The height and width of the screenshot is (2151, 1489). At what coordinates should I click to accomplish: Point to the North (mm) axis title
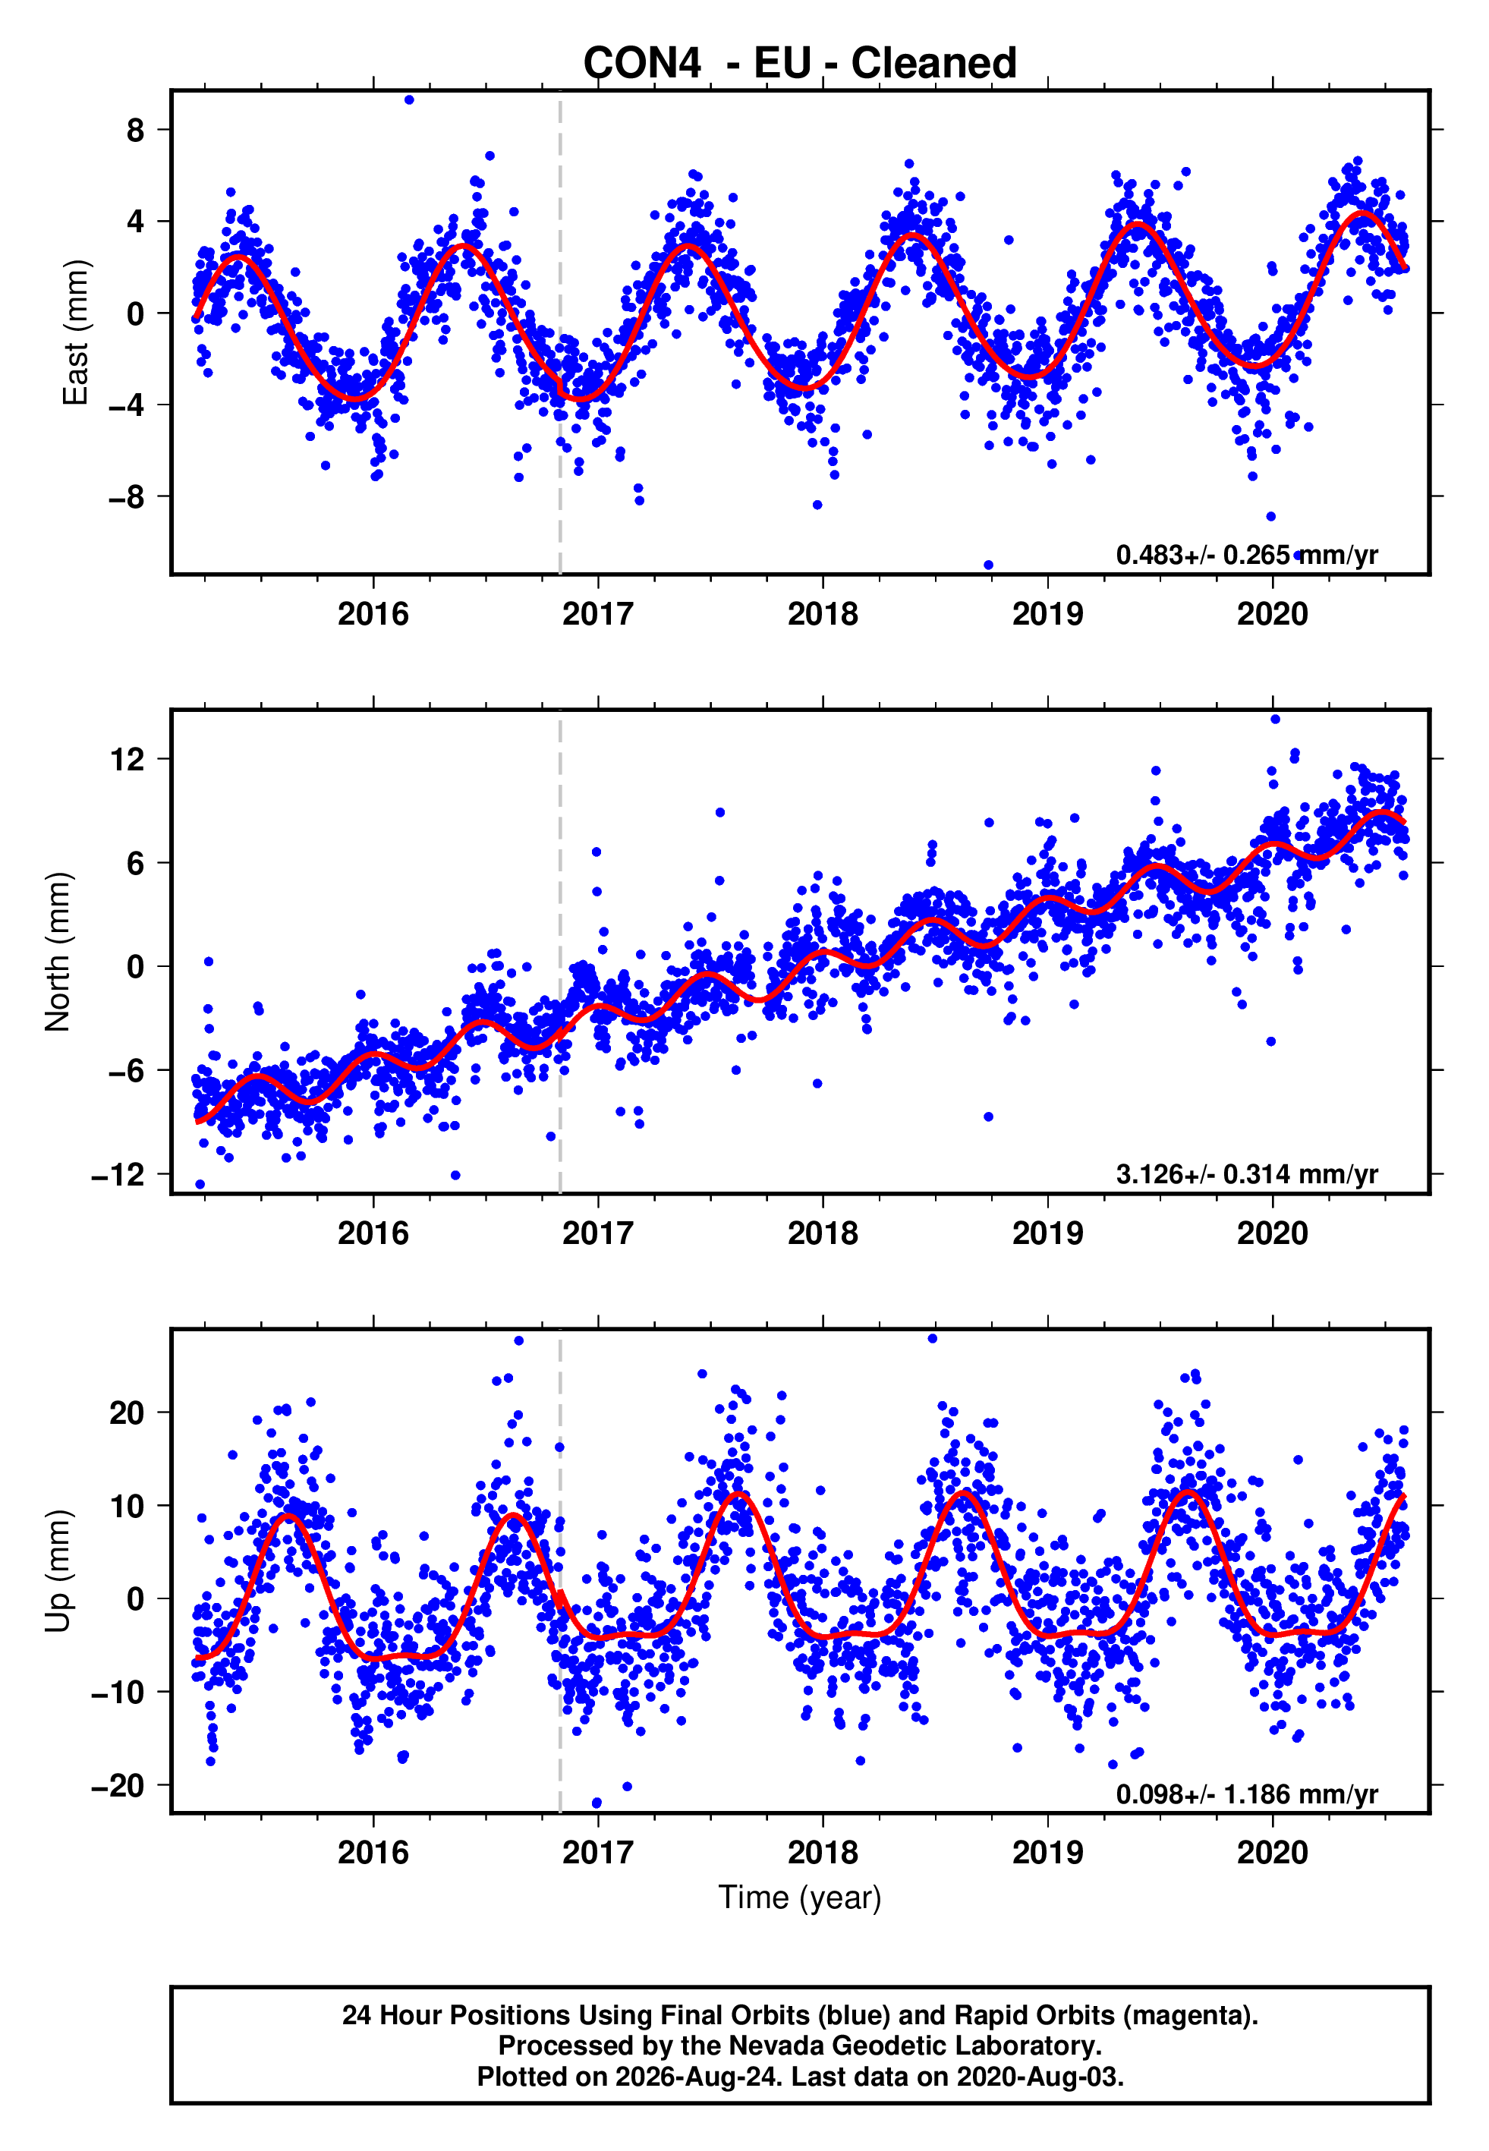coord(58,952)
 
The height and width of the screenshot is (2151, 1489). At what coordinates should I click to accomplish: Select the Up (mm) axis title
coord(58,1571)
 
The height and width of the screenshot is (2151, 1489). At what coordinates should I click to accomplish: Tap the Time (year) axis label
coord(800,1898)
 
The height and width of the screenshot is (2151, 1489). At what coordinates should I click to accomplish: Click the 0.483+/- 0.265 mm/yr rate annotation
coord(1246,555)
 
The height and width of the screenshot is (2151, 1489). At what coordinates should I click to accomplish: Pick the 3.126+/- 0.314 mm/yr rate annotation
coord(1246,1174)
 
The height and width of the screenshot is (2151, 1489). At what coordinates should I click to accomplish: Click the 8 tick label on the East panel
coord(136,130)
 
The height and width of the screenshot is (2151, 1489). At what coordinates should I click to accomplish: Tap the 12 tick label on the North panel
coord(127,759)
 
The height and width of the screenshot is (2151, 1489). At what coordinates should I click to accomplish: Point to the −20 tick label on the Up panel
coord(118,1785)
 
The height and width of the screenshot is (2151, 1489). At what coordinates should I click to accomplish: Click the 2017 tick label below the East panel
coord(597,614)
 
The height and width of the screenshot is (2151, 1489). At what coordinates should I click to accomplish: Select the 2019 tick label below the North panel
coord(1048,1233)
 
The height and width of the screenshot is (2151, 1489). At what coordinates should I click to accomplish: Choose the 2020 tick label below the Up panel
coord(1273,1853)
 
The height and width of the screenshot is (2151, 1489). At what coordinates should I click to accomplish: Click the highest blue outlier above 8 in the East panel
coord(408,99)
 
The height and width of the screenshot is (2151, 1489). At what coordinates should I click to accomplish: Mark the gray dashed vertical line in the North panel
coord(560,952)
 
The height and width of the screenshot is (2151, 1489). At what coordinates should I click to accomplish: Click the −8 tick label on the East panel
coord(127,497)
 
